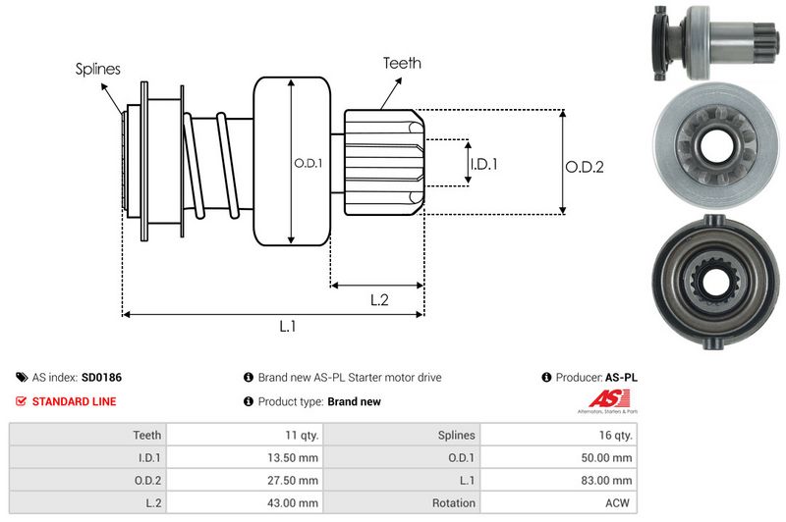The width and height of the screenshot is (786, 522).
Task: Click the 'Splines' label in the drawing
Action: (x=97, y=69)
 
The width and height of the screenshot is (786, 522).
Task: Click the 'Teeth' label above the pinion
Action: (x=402, y=63)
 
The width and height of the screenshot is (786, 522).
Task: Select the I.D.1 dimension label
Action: (x=483, y=164)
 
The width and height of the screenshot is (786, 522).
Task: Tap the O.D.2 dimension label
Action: (x=584, y=167)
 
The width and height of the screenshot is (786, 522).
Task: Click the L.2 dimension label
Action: (x=379, y=301)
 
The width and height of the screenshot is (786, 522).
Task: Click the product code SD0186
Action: (x=101, y=377)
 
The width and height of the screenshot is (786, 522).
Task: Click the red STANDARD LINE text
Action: (x=74, y=401)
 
